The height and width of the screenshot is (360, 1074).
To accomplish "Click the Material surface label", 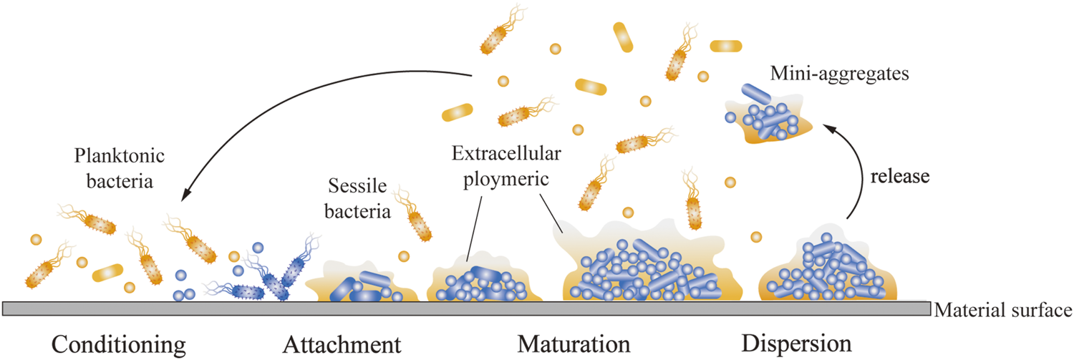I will [x=1002, y=311].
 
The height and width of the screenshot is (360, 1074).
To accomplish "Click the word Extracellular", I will [x=505, y=154].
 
